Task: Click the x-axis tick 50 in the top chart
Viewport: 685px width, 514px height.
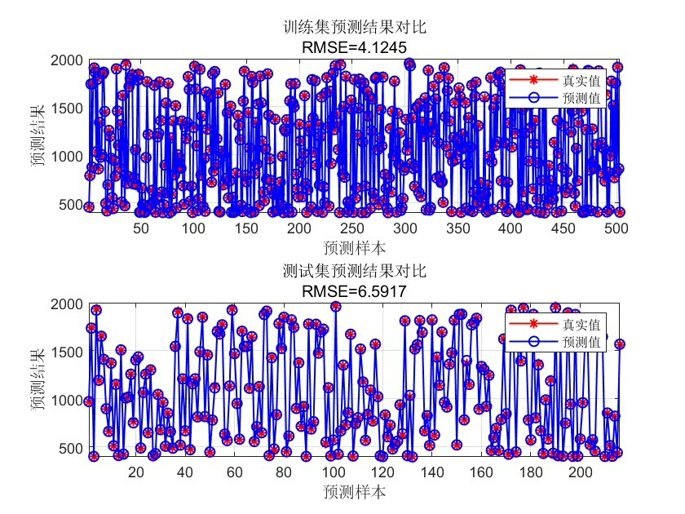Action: [x=142, y=229]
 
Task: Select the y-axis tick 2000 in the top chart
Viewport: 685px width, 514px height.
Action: [x=64, y=60]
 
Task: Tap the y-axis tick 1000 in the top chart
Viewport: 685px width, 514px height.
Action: [x=64, y=157]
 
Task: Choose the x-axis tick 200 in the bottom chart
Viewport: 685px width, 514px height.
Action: [x=580, y=473]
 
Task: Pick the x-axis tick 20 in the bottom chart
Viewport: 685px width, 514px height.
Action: [x=136, y=473]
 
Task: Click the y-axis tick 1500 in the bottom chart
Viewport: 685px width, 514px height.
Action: [x=64, y=352]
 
